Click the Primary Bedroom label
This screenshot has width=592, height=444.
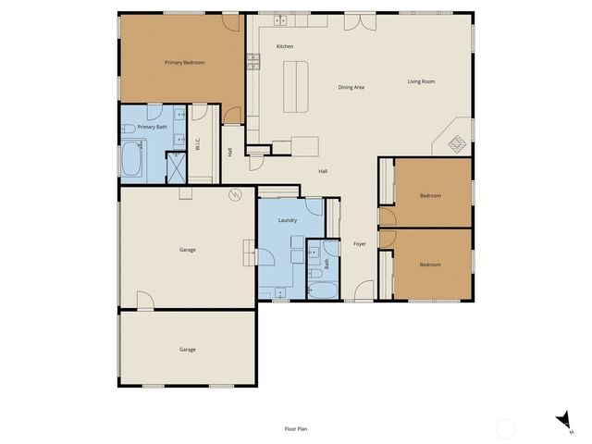(x=184, y=62)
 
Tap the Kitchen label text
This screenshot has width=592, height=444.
(x=285, y=46)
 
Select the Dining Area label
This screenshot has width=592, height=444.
(x=351, y=87)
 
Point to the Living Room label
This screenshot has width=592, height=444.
(x=421, y=81)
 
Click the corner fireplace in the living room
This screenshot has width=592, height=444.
(x=456, y=142)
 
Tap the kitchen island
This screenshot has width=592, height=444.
(x=294, y=85)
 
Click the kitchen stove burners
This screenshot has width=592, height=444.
(x=252, y=62)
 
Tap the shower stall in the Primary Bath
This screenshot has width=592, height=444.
(x=175, y=166)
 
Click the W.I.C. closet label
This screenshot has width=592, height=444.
(x=197, y=145)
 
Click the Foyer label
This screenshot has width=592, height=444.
(x=360, y=244)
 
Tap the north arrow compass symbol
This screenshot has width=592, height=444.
(x=563, y=422)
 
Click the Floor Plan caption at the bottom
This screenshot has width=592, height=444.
(x=295, y=428)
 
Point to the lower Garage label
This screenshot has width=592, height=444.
(x=188, y=349)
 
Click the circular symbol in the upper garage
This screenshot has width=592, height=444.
(x=236, y=194)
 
